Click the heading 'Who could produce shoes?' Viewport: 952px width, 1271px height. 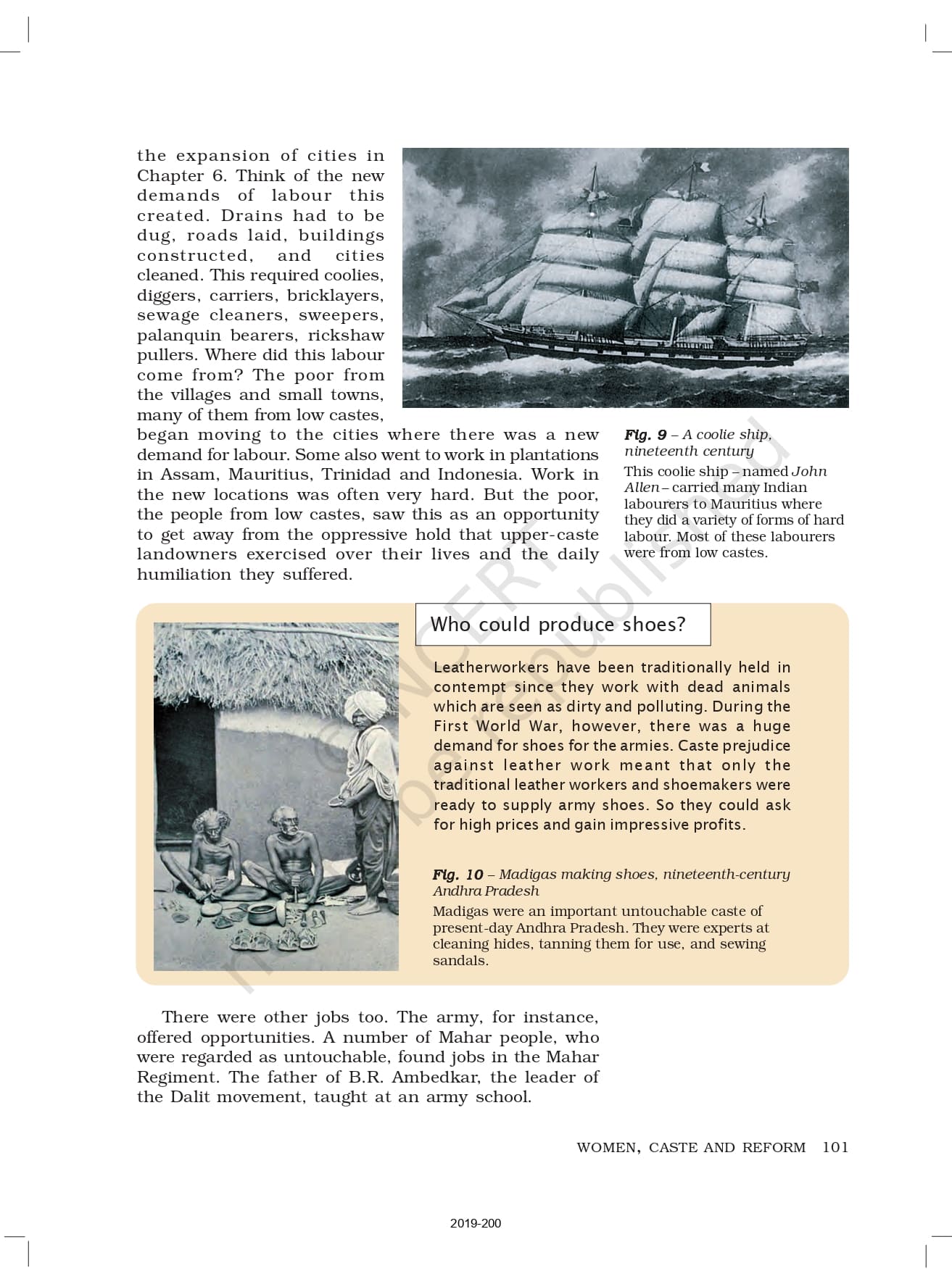[x=558, y=625]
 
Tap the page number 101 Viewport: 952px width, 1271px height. [x=835, y=1147]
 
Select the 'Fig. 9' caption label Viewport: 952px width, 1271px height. [x=645, y=435]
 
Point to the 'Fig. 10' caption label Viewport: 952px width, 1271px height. [x=458, y=875]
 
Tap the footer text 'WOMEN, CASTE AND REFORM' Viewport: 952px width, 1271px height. [x=691, y=1148]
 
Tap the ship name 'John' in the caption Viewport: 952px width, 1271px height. [x=808, y=472]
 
